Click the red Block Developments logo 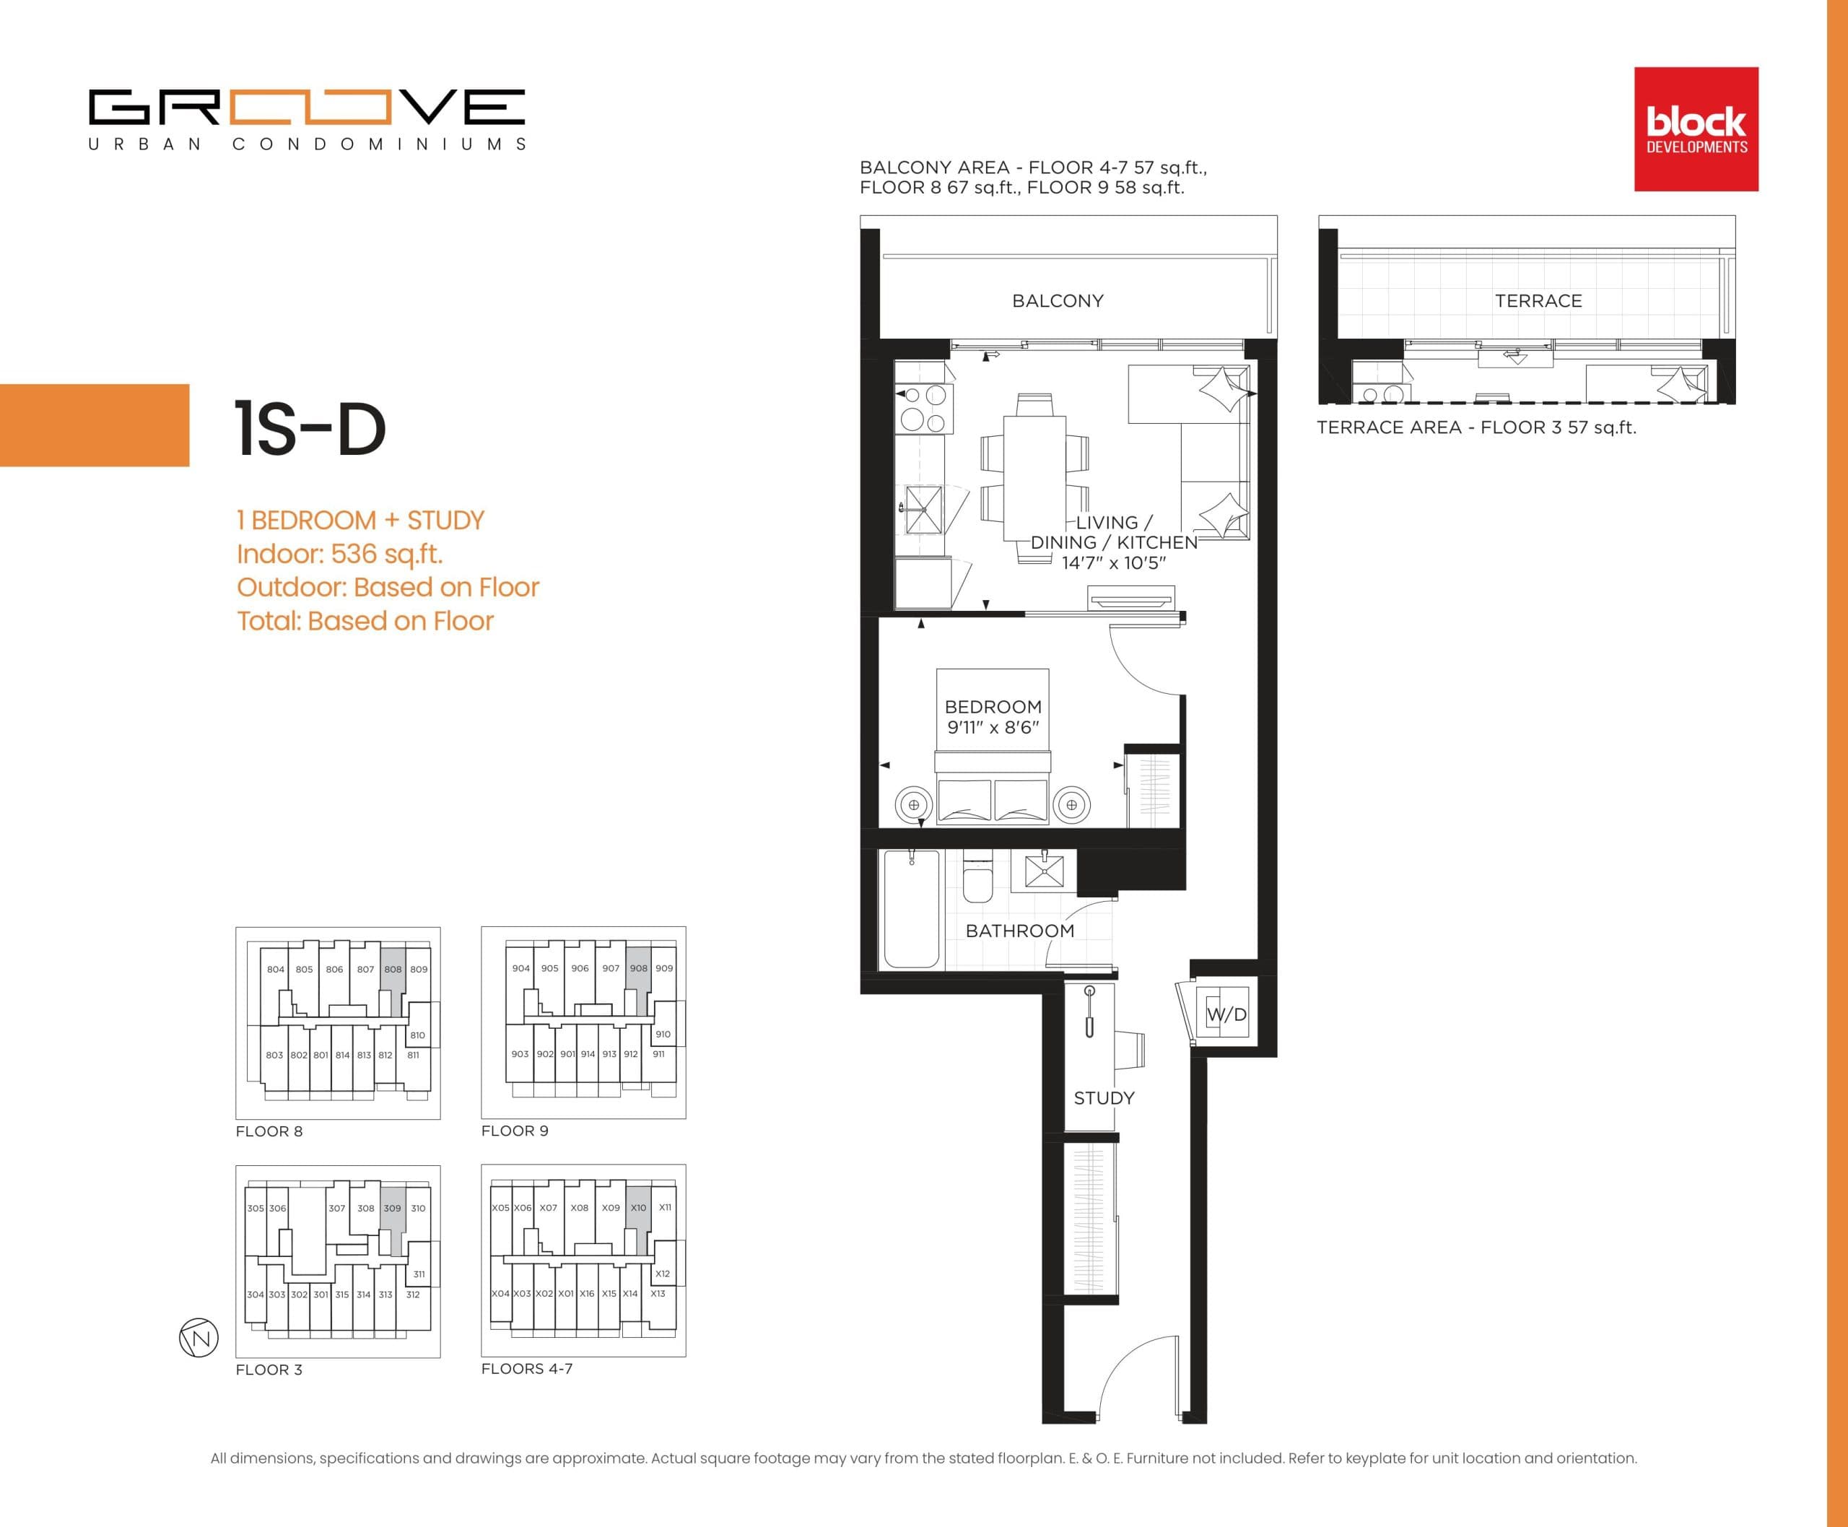coord(1696,129)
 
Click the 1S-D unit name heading coord(310,430)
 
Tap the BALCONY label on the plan coord(1058,301)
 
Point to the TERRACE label coord(1538,301)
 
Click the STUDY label coord(1104,1097)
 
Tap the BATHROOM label coord(1019,931)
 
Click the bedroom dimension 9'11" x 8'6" coord(993,728)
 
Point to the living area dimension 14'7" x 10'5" coord(1114,563)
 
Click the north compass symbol coord(199,1338)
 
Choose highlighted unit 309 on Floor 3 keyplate coord(392,1209)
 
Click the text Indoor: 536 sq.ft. coord(339,554)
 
